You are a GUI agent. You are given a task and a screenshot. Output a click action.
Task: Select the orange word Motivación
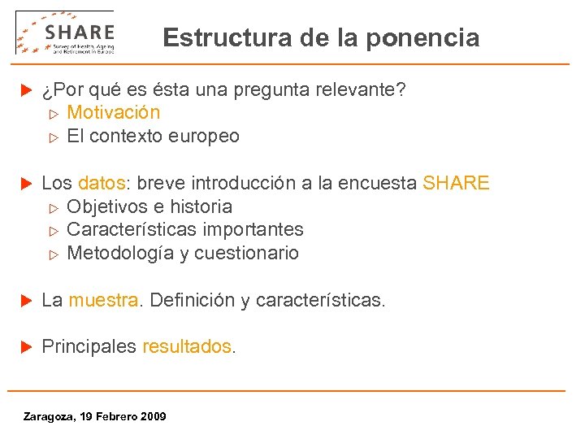(x=113, y=112)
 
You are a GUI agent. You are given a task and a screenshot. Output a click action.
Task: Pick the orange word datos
(x=102, y=183)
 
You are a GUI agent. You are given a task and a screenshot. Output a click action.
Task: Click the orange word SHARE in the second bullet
(x=456, y=183)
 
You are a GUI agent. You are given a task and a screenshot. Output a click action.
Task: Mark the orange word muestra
(x=103, y=300)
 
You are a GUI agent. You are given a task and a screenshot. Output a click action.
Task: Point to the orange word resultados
(x=187, y=346)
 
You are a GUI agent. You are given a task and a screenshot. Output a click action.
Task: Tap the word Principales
(x=89, y=346)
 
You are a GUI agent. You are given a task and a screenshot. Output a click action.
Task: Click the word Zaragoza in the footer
(x=47, y=416)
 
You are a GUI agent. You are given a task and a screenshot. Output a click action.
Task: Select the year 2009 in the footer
(x=153, y=416)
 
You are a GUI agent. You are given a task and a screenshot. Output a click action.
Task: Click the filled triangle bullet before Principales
(x=24, y=346)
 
